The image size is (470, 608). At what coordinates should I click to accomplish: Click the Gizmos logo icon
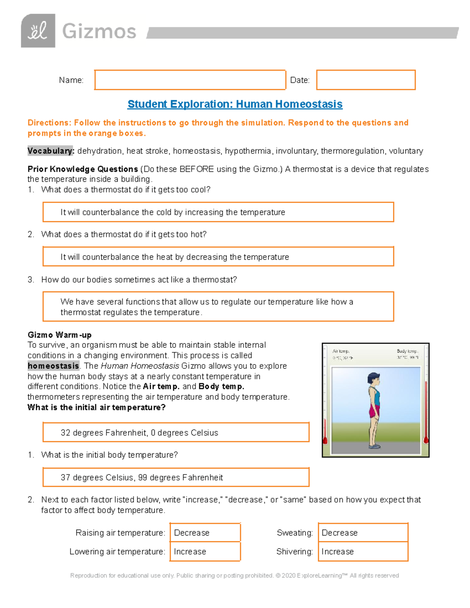coord(38,31)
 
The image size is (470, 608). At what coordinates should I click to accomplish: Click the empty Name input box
coord(190,80)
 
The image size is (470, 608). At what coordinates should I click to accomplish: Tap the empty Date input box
coord(365,80)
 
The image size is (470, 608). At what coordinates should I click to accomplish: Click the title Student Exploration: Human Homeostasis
coord(235,104)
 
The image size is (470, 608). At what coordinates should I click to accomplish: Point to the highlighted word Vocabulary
coord(50,151)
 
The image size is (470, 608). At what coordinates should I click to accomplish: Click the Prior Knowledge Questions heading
coord(83,169)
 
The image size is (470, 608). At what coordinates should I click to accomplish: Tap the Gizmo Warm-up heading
coord(60,335)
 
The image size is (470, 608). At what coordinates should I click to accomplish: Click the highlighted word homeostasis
coord(53,366)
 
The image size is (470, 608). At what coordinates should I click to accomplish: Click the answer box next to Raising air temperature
coord(205,533)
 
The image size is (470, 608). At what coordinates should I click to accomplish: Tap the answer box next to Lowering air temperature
coord(205,552)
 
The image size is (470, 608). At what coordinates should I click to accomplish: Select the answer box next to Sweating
coord(363,533)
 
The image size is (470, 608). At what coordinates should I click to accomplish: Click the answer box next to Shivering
coord(363,552)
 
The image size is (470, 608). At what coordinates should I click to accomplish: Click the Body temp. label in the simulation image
coord(407,351)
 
